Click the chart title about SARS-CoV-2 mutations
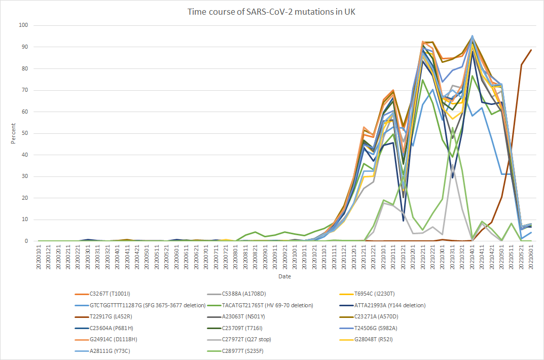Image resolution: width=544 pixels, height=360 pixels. (x=272, y=12)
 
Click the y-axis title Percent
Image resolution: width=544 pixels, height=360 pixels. (x=14, y=133)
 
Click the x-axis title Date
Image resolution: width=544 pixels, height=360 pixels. (x=284, y=277)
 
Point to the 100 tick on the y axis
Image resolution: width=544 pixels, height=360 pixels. (x=23, y=25)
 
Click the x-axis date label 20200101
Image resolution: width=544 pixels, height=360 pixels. (x=39, y=258)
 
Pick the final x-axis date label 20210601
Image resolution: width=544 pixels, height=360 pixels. (x=531, y=258)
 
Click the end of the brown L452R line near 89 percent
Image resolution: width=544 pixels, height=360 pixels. (x=531, y=50)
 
